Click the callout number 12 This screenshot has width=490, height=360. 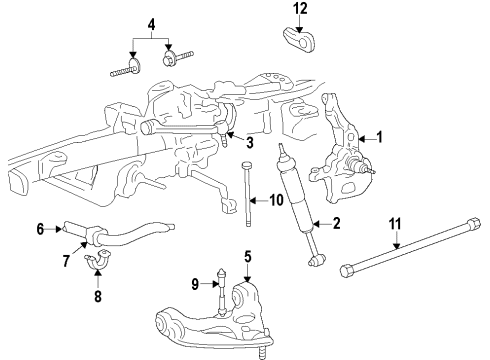pos(300,9)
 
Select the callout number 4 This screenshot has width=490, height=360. pos(151,25)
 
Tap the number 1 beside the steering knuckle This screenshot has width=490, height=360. pos(379,137)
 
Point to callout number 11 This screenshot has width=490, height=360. pos(395,224)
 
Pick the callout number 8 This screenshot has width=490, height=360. pos(98,296)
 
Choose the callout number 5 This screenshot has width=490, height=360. pos(248,257)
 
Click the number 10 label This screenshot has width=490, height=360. pos(276,200)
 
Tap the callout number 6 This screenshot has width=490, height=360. pos(40,229)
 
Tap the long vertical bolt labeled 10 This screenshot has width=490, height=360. pos(247,193)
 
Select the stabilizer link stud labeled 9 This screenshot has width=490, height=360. pos(222,291)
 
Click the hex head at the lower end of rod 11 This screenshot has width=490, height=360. pos(347,270)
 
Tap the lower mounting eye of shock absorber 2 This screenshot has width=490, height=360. pos(317,260)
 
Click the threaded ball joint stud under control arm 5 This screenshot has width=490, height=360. pos(263,352)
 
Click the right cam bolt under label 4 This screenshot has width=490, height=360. pos(178,58)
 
